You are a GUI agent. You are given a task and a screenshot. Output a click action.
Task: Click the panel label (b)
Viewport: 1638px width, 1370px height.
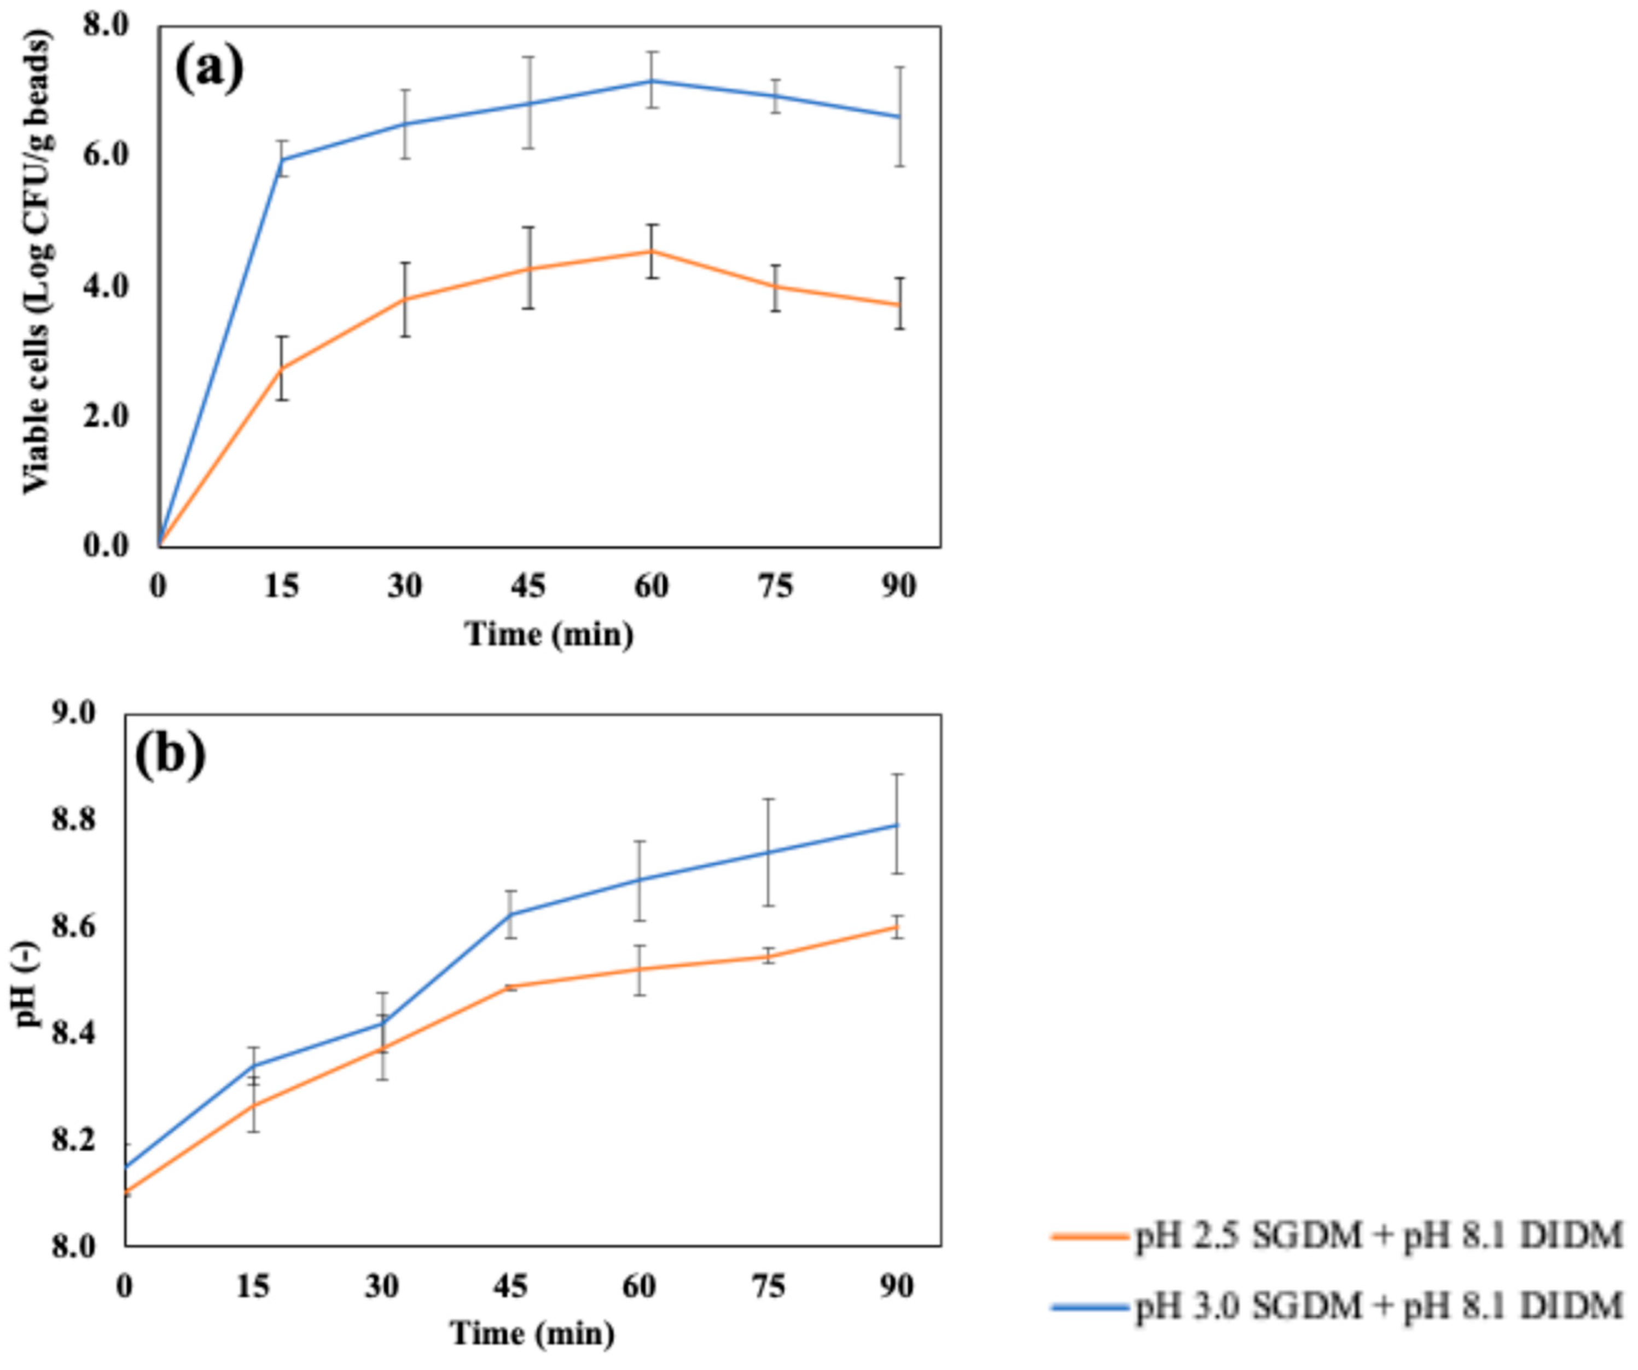[170, 755]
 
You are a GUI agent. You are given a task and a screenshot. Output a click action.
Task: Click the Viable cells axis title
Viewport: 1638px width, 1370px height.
[37, 261]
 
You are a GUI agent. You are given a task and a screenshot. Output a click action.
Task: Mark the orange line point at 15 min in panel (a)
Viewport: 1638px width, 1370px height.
[282, 368]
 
